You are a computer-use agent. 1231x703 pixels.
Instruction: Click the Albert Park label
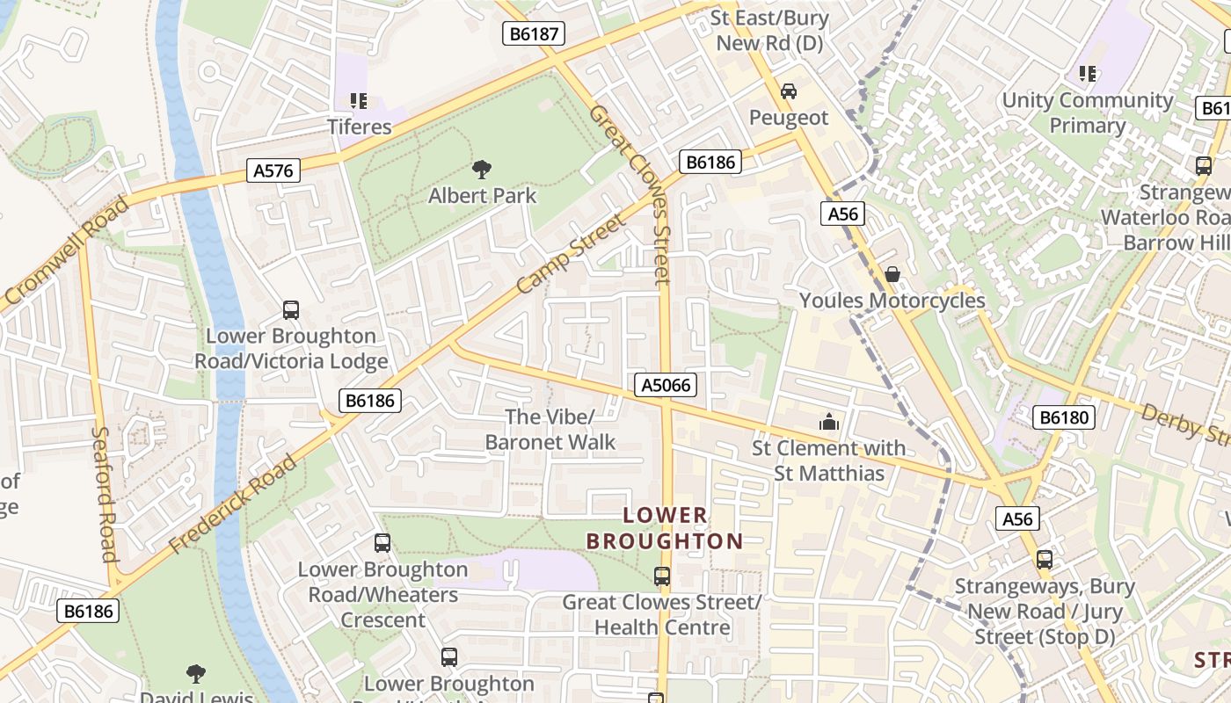(482, 195)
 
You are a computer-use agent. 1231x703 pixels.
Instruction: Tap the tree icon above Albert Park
(481, 169)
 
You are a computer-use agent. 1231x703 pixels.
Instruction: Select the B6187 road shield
(533, 34)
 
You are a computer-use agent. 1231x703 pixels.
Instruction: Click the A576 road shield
(273, 170)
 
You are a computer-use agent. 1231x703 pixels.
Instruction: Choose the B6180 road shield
(1064, 417)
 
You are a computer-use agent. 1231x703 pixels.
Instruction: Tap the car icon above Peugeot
(789, 91)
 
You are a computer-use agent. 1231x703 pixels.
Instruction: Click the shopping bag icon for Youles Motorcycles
(892, 274)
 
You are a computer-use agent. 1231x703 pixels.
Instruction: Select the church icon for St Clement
(828, 423)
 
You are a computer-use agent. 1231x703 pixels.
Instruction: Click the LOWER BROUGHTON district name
(665, 528)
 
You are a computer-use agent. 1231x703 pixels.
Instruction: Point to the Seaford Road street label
(105, 494)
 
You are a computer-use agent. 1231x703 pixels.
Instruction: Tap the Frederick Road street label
(233, 504)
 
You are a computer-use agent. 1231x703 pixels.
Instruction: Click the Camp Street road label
(571, 253)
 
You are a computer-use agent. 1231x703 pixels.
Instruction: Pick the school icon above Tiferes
(359, 101)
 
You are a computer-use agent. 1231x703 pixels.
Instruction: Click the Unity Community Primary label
(1088, 112)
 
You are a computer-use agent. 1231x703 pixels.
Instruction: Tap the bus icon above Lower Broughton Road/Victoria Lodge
(291, 309)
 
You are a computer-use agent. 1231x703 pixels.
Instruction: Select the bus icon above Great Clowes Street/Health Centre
(662, 576)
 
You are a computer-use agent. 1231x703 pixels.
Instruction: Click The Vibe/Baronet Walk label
(550, 429)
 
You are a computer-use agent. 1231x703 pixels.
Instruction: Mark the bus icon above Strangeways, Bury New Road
(1044, 559)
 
